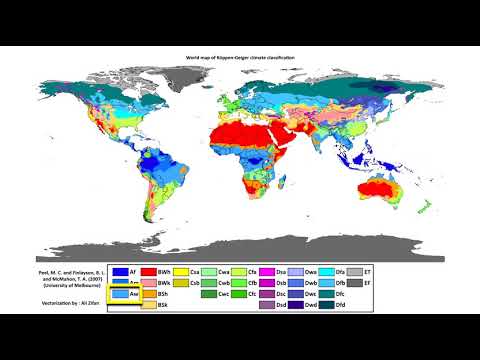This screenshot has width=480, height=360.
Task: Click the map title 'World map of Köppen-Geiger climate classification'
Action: [x=240, y=61]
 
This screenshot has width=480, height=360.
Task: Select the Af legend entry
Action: [x=123, y=271]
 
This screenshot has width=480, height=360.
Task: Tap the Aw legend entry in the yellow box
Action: [x=123, y=295]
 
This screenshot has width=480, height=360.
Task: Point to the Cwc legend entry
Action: [x=214, y=295]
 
